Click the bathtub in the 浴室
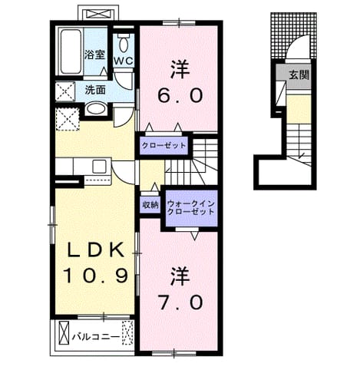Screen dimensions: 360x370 pyautogui.click(x=71, y=52)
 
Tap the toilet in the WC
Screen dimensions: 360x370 pyautogui.click(x=124, y=43)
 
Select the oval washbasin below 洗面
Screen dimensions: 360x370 pyautogui.click(x=96, y=109)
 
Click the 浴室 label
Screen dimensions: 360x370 pyautogui.click(x=95, y=55)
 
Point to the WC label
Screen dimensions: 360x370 pyautogui.click(x=124, y=61)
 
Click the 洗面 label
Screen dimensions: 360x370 pyautogui.click(x=95, y=90)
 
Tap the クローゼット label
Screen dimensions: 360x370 pyautogui.click(x=163, y=146)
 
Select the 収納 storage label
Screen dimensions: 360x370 pyautogui.click(x=150, y=205)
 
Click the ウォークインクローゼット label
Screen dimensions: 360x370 pyautogui.click(x=191, y=208)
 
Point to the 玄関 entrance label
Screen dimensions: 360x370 pyautogui.click(x=299, y=75)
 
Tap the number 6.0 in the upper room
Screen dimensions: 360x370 pyautogui.click(x=180, y=96)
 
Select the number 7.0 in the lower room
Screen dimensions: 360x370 pyautogui.click(x=180, y=302)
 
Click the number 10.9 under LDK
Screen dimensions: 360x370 pyautogui.click(x=95, y=276)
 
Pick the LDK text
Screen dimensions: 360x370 pyautogui.click(x=95, y=249)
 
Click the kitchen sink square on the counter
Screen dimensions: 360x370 pyautogui.click(x=100, y=166)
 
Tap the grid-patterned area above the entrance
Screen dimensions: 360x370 pyautogui.click(x=293, y=35)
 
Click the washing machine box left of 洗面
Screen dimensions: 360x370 pyautogui.click(x=65, y=91)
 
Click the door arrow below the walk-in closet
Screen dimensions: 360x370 pyautogui.click(x=195, y=236)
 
